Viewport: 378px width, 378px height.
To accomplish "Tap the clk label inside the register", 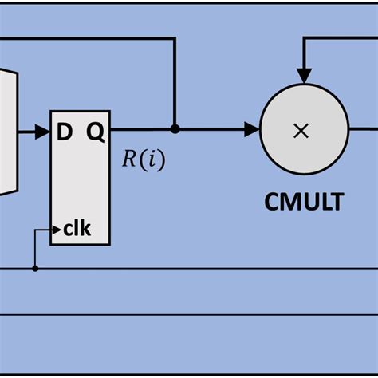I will tap(77, 230).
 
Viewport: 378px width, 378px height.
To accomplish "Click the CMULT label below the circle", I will tap(304, 202).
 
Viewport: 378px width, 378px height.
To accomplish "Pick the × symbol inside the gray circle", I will tap(301, 131).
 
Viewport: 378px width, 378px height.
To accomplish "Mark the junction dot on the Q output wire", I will tap(175, 128).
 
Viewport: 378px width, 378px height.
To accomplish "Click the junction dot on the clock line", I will tap(35, 269).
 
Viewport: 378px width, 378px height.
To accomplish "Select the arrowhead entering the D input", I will tap(44, 131).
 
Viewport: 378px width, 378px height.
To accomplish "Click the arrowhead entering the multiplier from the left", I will tap(252, 128).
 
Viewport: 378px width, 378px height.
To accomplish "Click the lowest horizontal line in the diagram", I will tap(189, 315).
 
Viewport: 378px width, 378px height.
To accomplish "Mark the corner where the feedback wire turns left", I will tap(175, 37).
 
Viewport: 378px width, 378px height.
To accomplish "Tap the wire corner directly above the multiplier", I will tap(301, 37).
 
